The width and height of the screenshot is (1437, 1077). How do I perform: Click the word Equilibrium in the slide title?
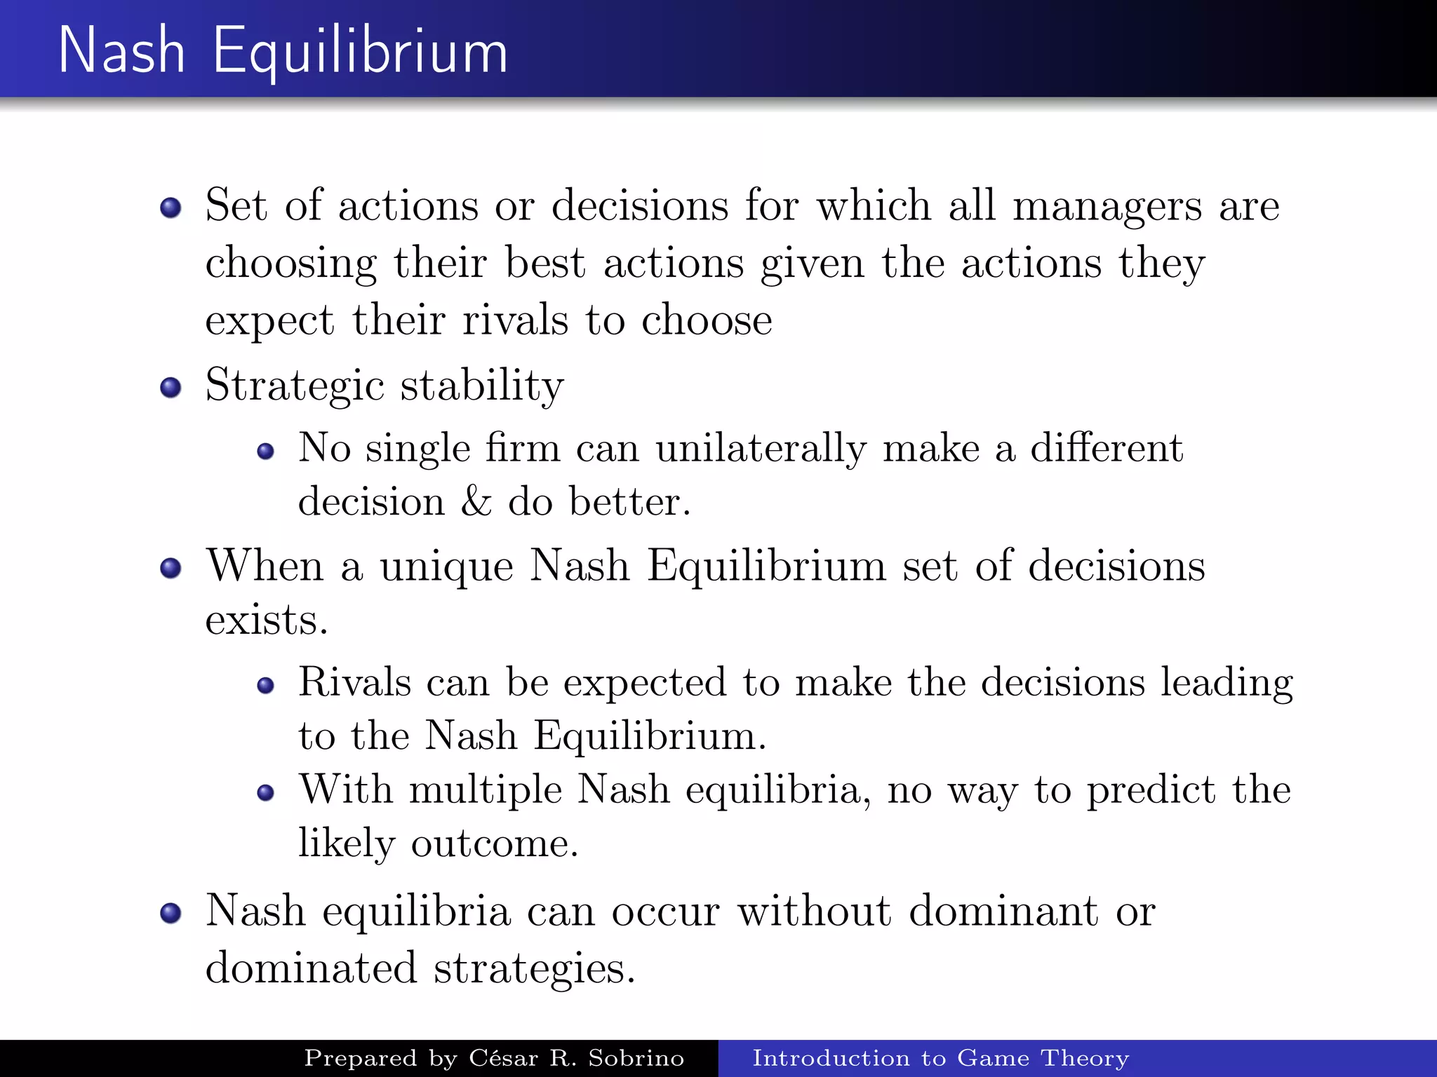click(x=359, y=52)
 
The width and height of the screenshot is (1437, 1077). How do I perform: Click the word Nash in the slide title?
click(x=121, y=50)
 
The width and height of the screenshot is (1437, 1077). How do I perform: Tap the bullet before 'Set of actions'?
click(x=171, y=208)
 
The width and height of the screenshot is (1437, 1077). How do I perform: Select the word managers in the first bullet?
click(x=1107, y=208)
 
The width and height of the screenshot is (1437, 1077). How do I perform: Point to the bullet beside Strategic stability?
click(x=171, y=388)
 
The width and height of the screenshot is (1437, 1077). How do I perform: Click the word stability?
click(x=482, y=387)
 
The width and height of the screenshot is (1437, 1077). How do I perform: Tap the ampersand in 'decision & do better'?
click(x=476, y=502)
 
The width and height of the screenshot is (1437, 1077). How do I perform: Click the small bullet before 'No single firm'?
click(x=265, y=451)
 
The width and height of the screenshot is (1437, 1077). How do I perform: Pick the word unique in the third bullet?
click(x=447, y=567)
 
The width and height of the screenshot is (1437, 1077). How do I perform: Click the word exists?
click(x=267, y=621)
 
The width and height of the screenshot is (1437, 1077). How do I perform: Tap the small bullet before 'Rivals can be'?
click(x=265, y=685)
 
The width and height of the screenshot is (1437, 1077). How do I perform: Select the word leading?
click(x=1226, y=683)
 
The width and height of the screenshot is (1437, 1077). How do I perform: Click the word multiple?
click(x=486, y=790)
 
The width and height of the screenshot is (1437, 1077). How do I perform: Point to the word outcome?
click(x=494, y=844)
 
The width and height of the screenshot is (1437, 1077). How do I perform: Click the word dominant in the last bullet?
click(x=1003, y=912)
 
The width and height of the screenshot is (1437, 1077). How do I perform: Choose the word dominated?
click(x=311, y=969)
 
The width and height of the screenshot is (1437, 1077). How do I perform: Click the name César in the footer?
click(x=503, y=1058)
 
